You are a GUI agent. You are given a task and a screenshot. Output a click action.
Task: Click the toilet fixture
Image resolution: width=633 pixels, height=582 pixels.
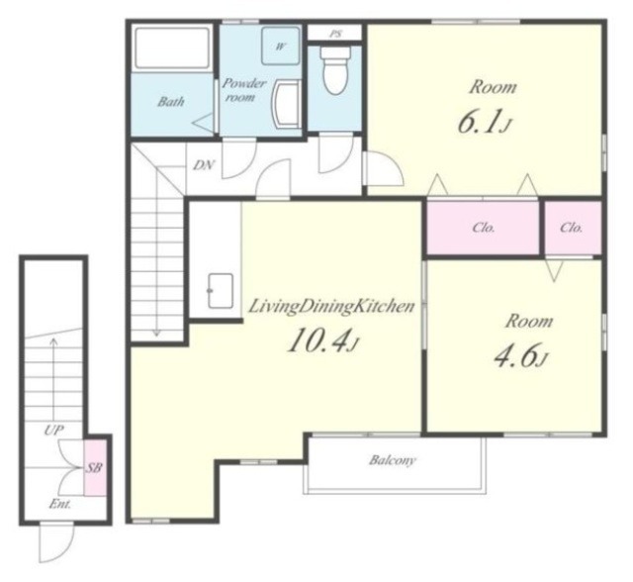[x=334, y=70]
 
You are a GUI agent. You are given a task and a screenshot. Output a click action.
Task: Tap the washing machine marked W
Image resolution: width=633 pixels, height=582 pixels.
[x=281, y=46]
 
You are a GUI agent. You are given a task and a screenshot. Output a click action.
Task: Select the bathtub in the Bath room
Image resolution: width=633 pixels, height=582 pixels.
[x=172, y=48]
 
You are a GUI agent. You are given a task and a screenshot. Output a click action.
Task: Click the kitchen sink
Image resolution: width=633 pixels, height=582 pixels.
[x=221, y=291]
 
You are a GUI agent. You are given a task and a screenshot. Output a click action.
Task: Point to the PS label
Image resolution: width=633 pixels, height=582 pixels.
[x=335, y=34]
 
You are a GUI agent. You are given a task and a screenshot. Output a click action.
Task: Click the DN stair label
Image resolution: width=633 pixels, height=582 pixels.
[x=204, y=164]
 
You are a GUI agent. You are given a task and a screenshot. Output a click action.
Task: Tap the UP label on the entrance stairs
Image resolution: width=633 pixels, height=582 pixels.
[x=53, y=431]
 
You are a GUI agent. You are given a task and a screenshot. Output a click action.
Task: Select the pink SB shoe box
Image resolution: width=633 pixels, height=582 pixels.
[x=95, y=467]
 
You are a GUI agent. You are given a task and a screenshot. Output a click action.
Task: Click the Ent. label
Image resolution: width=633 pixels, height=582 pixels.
[x=60, y=504]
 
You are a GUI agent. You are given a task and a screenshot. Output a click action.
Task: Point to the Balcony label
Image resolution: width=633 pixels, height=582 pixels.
[x=392, y=460]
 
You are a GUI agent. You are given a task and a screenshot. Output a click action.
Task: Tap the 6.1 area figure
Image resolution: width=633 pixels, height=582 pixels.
[x=485, y=121]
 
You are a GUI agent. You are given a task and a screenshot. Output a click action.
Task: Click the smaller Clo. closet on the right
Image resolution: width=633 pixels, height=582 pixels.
[x=573, y=228]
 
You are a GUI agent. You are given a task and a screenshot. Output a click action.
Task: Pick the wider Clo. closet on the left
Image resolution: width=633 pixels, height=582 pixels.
[x=483, y=228]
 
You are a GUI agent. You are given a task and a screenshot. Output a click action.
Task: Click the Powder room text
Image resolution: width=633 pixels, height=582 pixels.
[x=243, y=90]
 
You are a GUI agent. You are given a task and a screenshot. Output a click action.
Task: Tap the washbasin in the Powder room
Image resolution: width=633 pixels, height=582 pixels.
[x=287, y=104]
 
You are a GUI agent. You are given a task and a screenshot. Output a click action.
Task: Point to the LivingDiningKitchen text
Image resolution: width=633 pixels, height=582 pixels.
[x=331, y=306]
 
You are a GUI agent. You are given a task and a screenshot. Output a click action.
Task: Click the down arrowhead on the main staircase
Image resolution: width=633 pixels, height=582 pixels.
[x=156, y=334]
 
